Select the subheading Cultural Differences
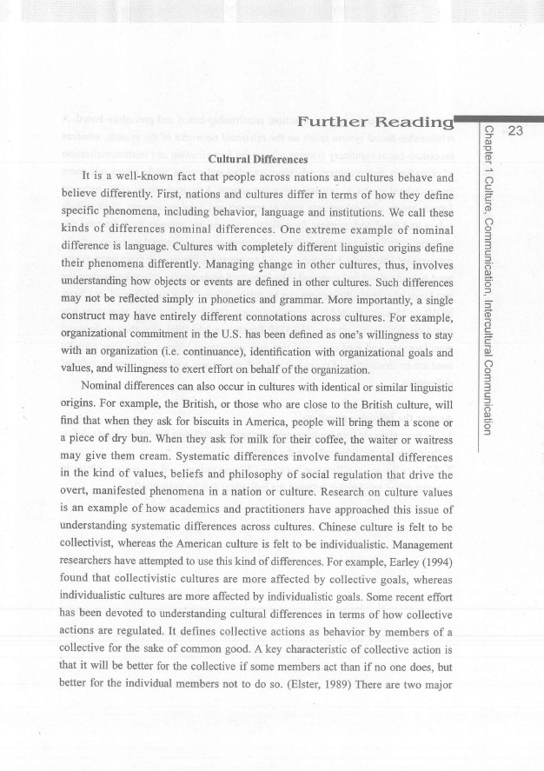tap(260, 159)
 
